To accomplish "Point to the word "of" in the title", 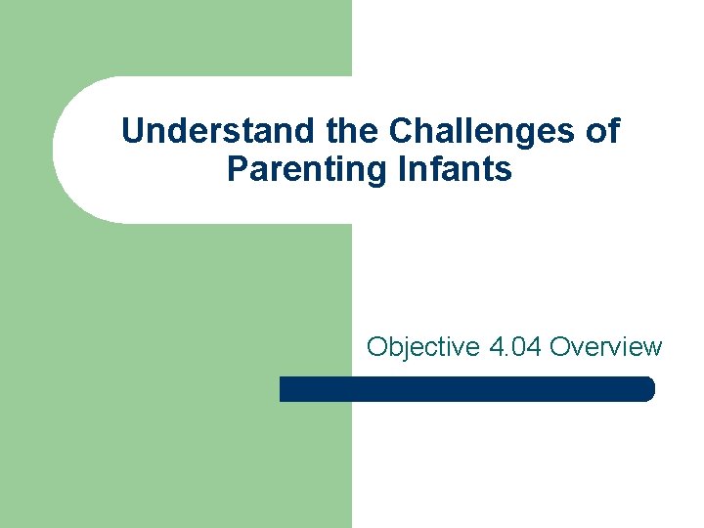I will [600, 131].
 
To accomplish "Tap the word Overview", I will [606, 347].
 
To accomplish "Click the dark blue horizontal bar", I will [466, 389].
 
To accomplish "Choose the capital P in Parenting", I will [237, 169].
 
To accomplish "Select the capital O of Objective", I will [376, 347].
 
